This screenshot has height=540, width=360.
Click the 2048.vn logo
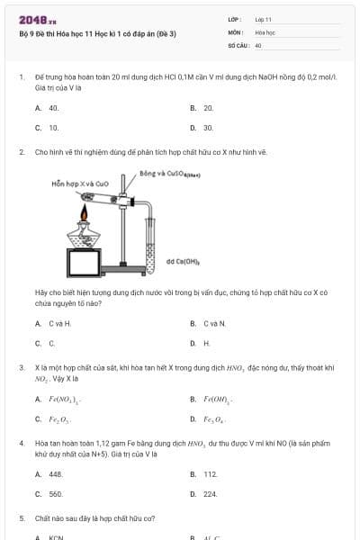32,20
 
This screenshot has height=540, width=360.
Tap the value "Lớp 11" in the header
263,19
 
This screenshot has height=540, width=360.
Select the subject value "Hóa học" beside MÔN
265,31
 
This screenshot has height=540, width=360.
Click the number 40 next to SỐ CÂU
258,44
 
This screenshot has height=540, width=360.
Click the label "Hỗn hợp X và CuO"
76,183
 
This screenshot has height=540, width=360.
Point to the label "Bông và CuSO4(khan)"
169,173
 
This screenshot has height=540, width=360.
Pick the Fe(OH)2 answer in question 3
219,399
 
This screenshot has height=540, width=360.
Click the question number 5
22,518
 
